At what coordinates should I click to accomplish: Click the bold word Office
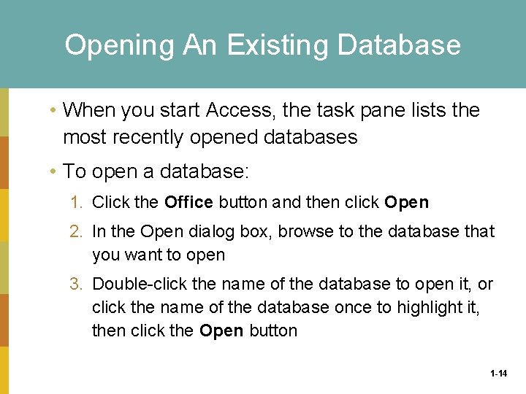point(188,202)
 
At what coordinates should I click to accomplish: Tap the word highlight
point(427,307)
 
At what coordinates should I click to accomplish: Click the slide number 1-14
point(499,374)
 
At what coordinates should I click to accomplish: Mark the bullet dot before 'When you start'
point(53,111)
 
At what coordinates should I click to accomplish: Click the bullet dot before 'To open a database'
point(53,172)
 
